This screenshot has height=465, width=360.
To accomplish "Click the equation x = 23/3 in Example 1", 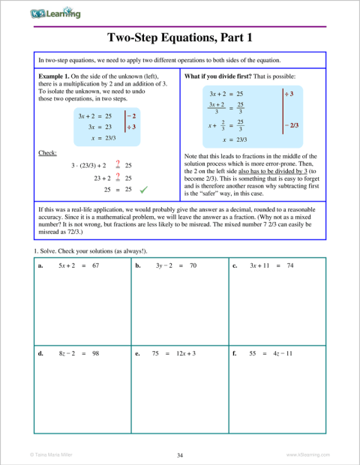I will pyautogui.click(x=100, y=138).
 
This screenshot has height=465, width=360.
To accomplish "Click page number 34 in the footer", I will pyautogui.click(x=180, y=454).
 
